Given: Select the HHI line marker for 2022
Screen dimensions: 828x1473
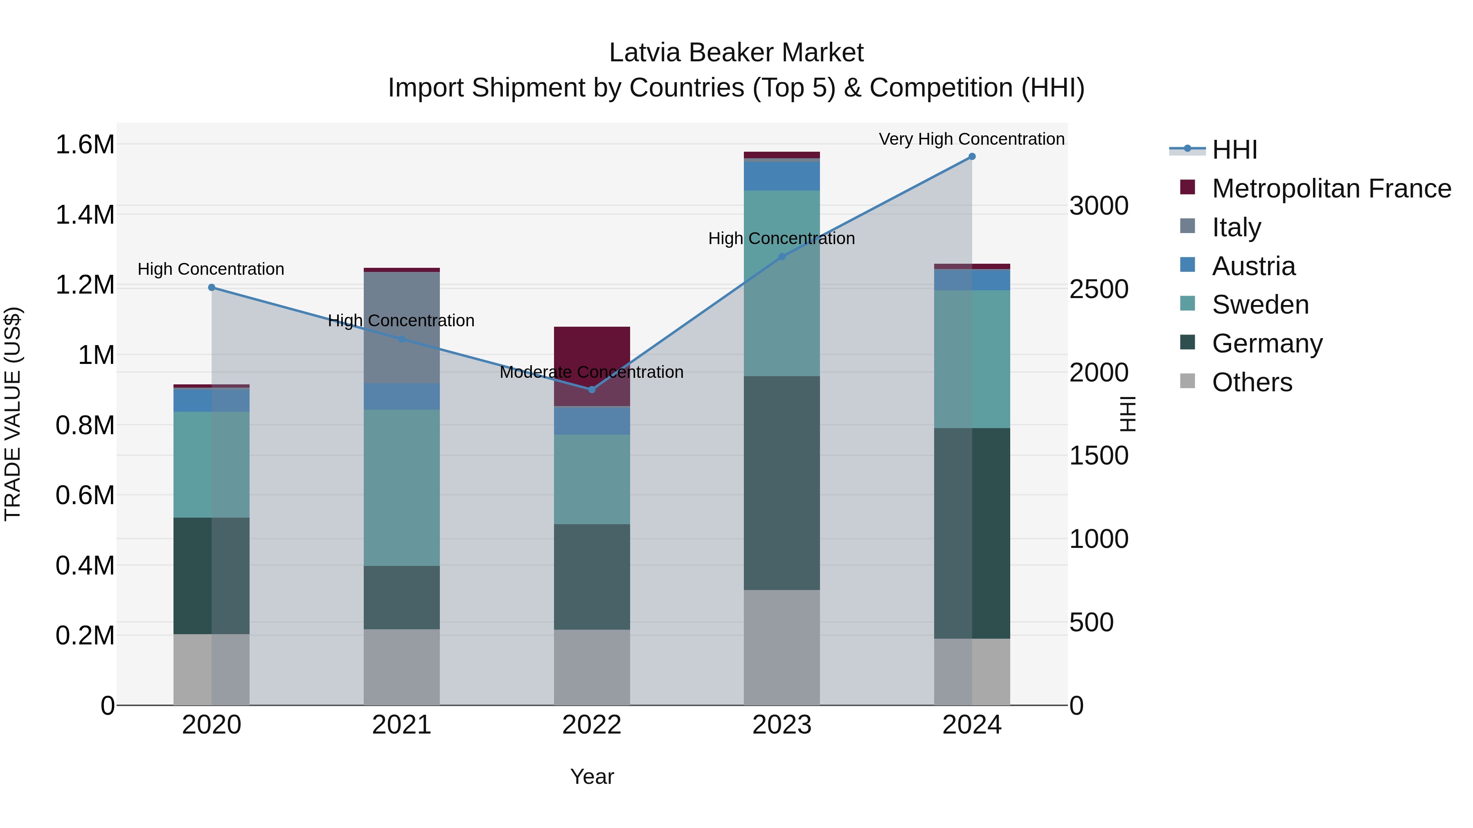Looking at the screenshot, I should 592,390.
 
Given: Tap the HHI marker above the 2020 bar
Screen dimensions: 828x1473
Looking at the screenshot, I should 212,287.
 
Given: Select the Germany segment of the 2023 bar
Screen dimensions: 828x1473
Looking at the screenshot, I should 782,483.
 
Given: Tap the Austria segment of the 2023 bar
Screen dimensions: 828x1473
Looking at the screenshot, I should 782,176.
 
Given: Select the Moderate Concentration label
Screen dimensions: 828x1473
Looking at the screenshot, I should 591,372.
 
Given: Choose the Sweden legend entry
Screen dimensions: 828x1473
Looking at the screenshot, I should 1260,305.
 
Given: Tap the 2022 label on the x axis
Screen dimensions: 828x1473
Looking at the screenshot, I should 591,725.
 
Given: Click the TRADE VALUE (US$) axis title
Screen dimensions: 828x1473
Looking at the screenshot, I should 13,414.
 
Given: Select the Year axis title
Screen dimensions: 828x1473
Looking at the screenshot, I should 591,776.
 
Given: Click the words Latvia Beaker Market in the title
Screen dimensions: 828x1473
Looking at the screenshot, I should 736,53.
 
